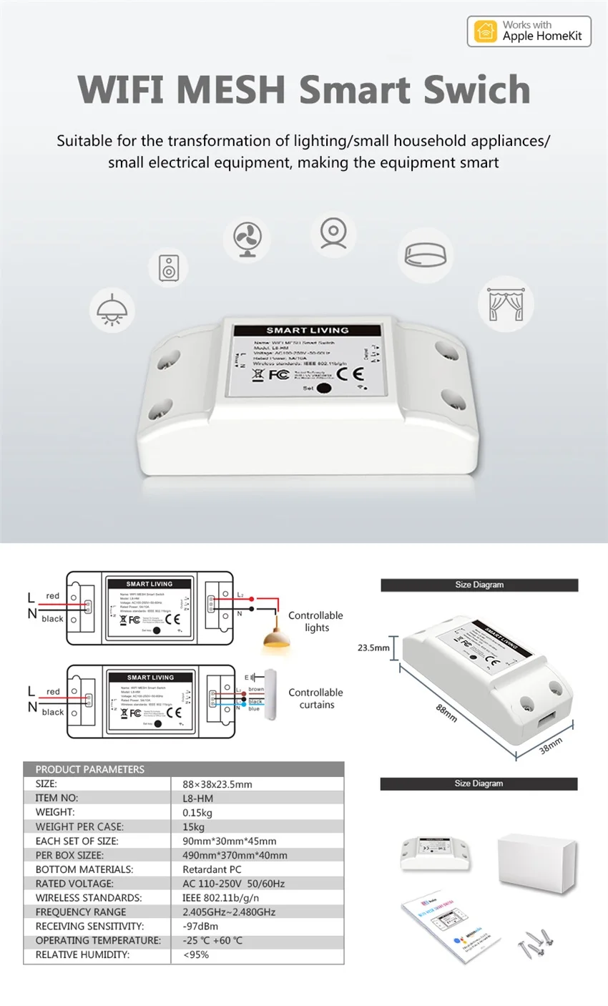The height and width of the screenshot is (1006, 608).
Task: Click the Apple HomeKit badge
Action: pyautogui.click(x=529, y=31)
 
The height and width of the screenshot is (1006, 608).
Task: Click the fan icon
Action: pyautogui.click(x=246, y=239)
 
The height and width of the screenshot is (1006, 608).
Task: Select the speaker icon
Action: pyautogui.click(x=170, y=268)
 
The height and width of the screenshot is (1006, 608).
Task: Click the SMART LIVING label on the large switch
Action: pyautogui.click(x=307, y=330)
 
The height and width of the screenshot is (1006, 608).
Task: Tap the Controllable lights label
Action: pyautogui.click(x=315, y=621)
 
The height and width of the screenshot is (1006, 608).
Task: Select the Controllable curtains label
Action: pyautogui.click(x=315, y=698)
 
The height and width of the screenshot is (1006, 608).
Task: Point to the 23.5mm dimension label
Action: pyautogui.click(x=373, y=648)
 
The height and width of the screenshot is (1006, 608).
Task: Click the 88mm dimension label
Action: pyautogui.click(x=446, y=712)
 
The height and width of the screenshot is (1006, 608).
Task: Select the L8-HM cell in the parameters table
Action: pyautogui.click(x=198, y=798)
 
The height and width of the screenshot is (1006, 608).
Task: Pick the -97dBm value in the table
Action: pyautogui.click(x=200, y=926)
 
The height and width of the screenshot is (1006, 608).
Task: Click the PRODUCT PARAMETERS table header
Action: pyautogui.click(x=90, y=769)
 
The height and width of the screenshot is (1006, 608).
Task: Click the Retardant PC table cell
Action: pyautogui.click(x=212, y=869)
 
